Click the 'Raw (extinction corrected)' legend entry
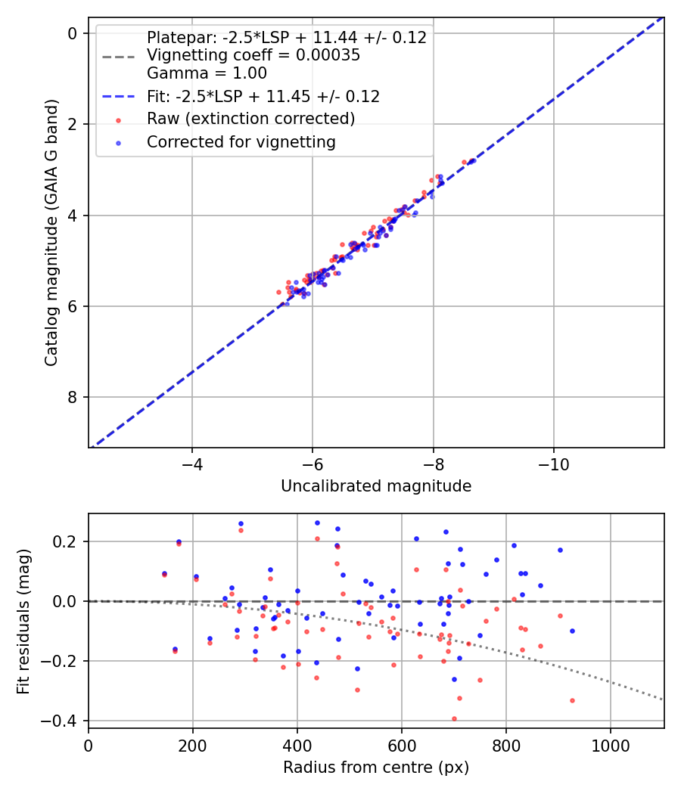pyautogui.click(x=250, y=119)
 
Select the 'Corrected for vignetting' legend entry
pyautogui.click(x=241, y=141)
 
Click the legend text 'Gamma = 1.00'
pyautogui.click(x=207, y=73)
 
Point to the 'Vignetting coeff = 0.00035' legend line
pyautogui.click(x=253, y=55)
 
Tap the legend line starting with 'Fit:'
pyautogui.click(x=263, y=96)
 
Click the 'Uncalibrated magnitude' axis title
pyautogui.click(x=376, y=486)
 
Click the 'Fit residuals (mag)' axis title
pyautogui.click(x=23, y=622)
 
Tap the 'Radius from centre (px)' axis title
pyautogui.click(x=376, y=768)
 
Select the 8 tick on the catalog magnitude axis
pyautogui.click(x=73, y=397)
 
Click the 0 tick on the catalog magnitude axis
pyautogui.click(x=73, y=33)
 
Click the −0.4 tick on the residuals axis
pyautogui.click(x=66, y=721)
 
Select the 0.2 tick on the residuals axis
pyautogui.click(x=70, y=541)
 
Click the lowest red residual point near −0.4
pyautogui.click(x=454, y=719)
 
